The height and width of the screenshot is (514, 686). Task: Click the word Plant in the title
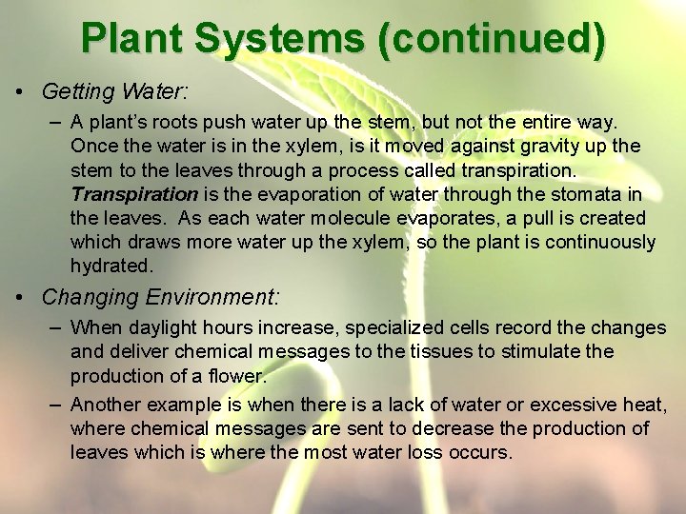[132, 38]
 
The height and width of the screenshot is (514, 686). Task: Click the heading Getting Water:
[115, 92]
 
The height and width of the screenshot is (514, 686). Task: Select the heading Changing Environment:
[161, 297]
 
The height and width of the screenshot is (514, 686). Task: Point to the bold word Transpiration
[133, 194]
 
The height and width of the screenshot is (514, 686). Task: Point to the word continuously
[595, 242]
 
